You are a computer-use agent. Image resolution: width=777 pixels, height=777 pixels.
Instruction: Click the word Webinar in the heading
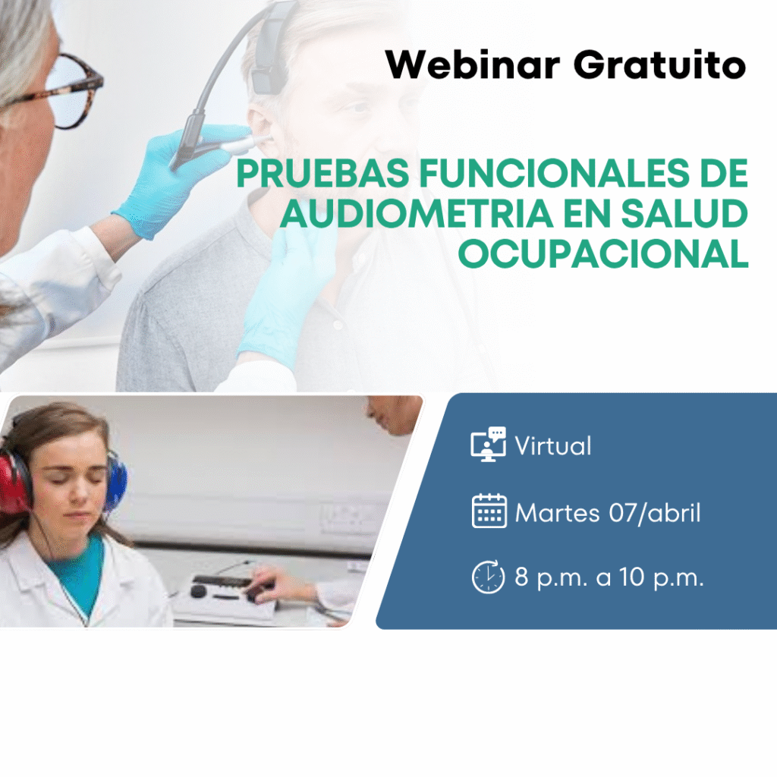point(472,64)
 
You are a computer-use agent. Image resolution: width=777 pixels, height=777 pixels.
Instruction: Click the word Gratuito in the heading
point(659,64)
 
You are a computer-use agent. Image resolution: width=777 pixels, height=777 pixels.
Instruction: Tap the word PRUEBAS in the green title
point(322,174)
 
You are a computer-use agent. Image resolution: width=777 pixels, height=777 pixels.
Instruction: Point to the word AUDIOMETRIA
point(417,213)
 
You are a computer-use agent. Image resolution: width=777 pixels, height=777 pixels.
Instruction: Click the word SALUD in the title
point(684,213)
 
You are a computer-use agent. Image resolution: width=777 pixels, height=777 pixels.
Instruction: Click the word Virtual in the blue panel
point(553,445)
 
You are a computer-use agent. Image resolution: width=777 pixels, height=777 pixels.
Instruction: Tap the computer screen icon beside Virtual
point(488,444)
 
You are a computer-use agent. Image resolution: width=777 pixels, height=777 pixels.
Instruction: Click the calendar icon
point(489,511)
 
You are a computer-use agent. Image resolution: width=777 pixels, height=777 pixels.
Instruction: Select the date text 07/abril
point(655,512)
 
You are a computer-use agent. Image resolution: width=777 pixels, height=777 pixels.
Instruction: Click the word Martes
point(557,512)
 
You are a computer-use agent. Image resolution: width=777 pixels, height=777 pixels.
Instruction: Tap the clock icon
point(489,577)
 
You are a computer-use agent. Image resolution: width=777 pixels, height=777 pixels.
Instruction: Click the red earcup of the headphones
point(14,480)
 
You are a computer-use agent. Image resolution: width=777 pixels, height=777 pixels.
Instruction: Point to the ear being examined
point(260,131)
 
